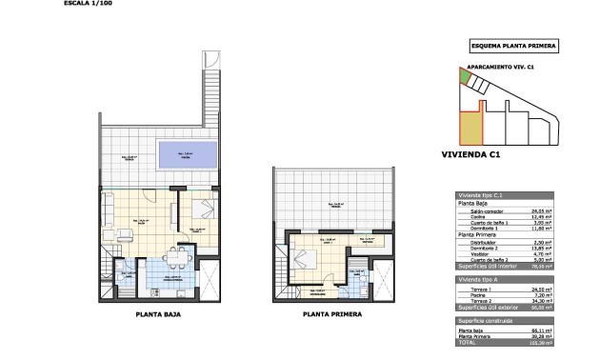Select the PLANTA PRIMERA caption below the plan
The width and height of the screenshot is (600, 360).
pyautogui.click(x=328, y=312)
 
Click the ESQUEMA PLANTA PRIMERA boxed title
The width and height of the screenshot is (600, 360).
pyautogui.click(x=514, y=46)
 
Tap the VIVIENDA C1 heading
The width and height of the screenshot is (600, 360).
pyautogui.click(x=471, y=153)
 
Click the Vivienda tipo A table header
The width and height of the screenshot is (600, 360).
pyautogui.click(x=482, y=282)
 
